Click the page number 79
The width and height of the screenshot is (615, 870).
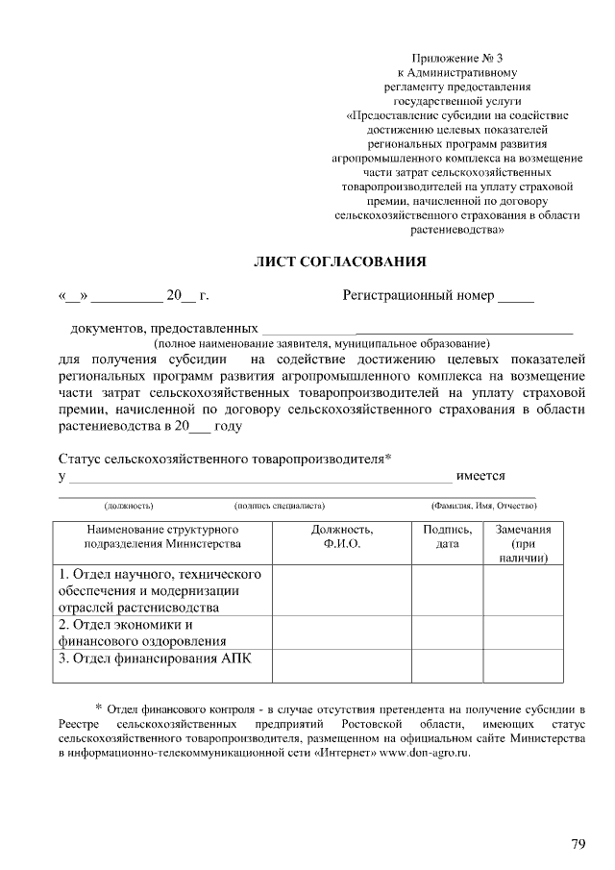coord(578,844)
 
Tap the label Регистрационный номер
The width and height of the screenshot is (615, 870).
coord(418,295)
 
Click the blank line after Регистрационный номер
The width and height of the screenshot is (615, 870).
coord(516,298)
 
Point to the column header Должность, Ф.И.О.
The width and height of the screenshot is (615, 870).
coord(342,536)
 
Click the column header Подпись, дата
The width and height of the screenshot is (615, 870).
coord(447,536)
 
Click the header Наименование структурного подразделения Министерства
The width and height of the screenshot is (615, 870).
coord(161,536)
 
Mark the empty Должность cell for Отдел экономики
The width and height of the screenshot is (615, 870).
coord(342,632)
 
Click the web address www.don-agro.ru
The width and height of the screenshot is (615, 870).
coord(425,753)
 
